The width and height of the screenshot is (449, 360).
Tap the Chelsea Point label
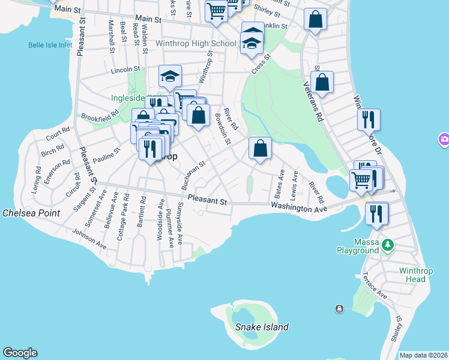coord(31,213)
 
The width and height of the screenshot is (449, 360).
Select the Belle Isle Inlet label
coord(51,45)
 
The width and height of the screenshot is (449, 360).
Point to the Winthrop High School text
coord(196,44)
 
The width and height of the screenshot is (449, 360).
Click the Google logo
coord(20,353)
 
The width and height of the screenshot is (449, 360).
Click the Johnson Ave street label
coord(89,238)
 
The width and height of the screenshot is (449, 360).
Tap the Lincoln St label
coord(125,70)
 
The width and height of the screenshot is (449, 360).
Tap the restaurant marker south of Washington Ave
coord(376,213)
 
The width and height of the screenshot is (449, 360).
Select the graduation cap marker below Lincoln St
coord(170,76)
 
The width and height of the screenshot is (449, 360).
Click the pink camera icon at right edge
coord(444,139)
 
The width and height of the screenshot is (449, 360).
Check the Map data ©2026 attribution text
coord(423,355)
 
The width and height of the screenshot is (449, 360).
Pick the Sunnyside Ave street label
coord(179,222)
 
